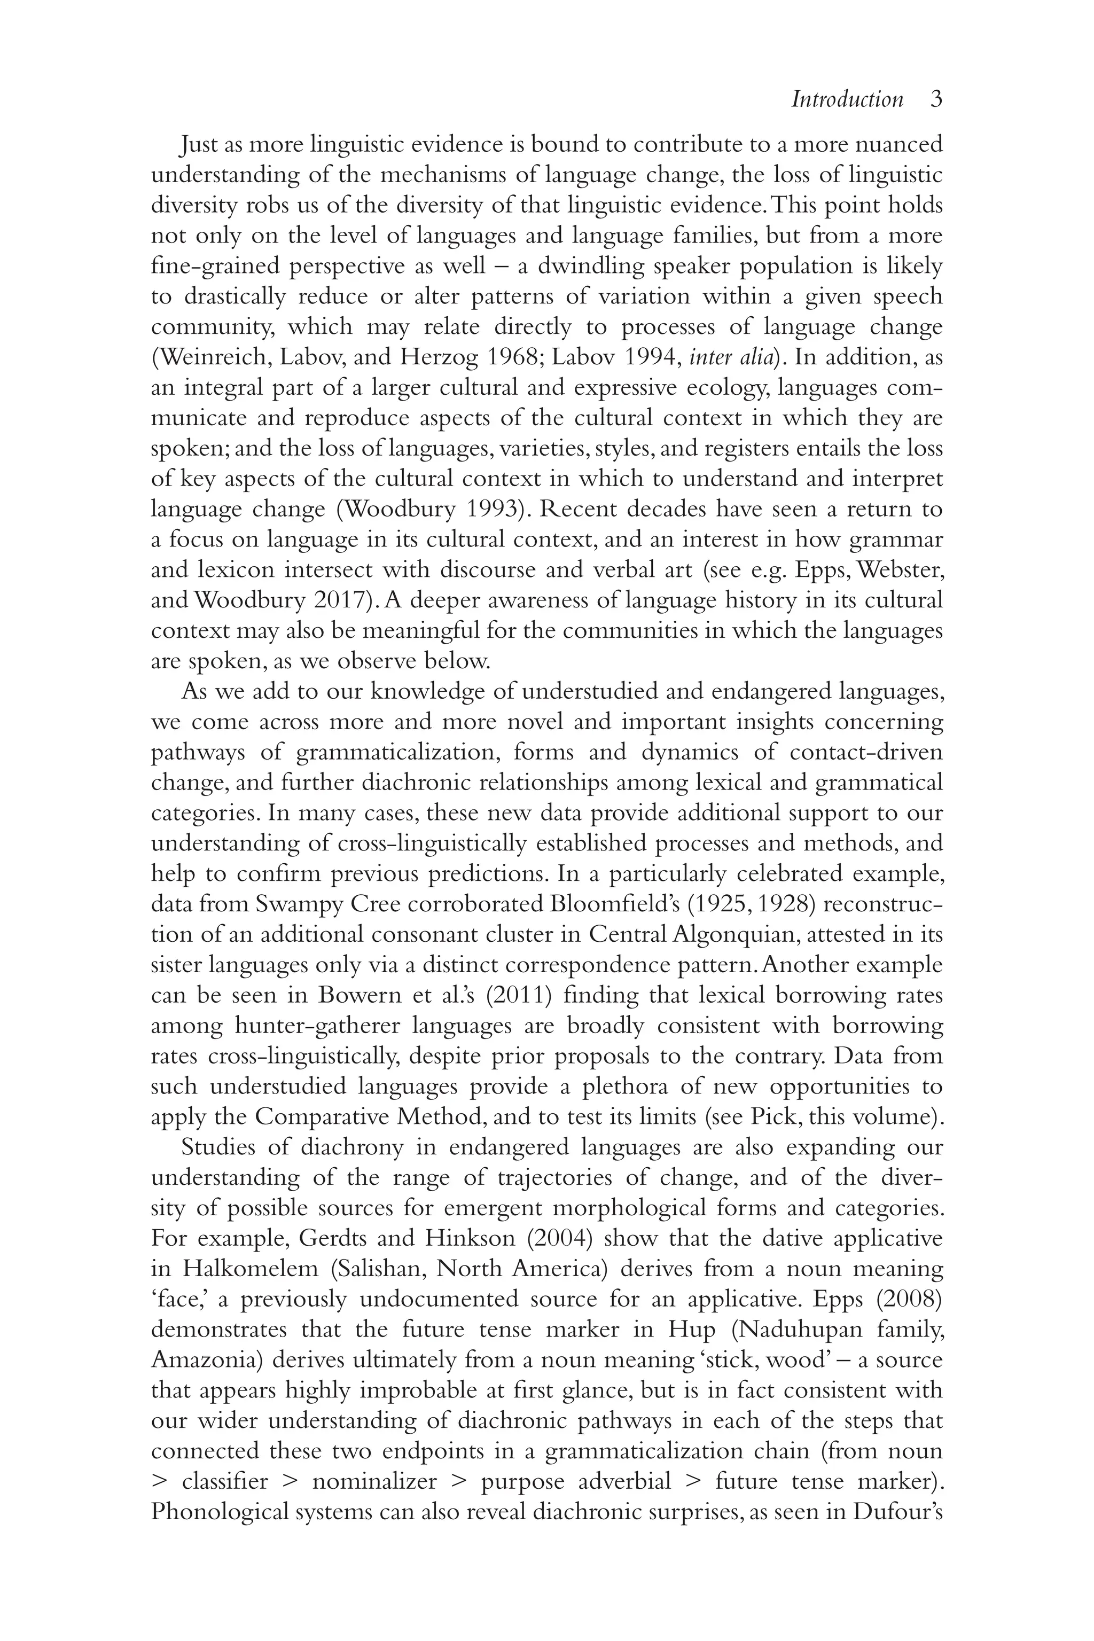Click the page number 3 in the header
click(x=936, y=100)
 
